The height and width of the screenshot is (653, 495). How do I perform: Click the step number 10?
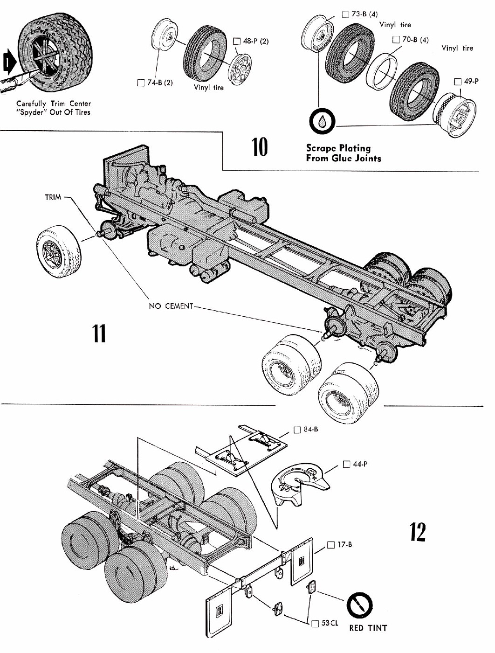260,147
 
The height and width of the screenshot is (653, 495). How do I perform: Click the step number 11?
99,333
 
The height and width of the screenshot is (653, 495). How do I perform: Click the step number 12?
418,532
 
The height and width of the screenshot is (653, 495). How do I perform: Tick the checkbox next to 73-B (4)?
345,14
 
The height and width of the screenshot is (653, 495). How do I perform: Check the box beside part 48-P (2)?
236,41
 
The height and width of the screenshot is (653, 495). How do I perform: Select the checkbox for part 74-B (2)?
141,83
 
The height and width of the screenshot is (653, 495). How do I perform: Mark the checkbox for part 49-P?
458,82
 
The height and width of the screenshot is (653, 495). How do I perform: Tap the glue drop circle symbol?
322,122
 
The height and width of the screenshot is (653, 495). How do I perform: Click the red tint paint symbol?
359,606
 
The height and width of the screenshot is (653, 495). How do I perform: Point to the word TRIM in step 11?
53,197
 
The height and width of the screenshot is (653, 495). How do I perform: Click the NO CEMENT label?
171,306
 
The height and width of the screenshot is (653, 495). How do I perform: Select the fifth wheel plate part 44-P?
296,485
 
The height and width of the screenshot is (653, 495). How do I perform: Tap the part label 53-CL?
330,623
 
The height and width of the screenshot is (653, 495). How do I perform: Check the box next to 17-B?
331,544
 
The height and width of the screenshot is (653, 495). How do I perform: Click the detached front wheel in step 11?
59,250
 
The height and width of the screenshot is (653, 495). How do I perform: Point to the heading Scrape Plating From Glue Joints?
344,153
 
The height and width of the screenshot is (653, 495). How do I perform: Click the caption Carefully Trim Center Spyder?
54,108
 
